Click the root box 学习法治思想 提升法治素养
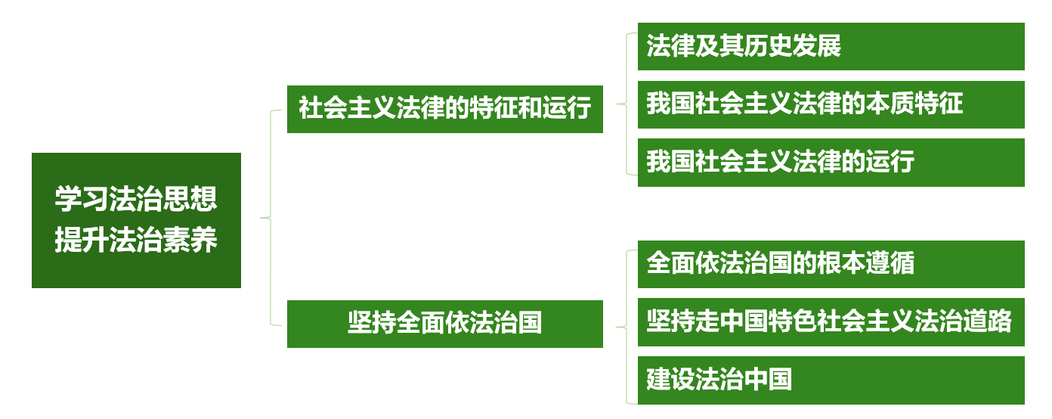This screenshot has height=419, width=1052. click(x=136, y=220)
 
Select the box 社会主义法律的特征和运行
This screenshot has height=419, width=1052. click(x=444, y=110)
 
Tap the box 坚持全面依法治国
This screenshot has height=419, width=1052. click(x=444, y=324)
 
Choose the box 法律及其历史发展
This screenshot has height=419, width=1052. click(x=831, y=46)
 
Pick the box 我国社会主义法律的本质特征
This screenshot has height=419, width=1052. click(x=831, y=104)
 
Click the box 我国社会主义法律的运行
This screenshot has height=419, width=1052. click(x=831, y=162)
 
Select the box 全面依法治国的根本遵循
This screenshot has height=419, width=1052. click(x=831, y=264)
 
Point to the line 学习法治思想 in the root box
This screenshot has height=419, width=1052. click(x=136, y=200)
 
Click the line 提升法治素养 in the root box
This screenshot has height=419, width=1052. click(x=136, y=241)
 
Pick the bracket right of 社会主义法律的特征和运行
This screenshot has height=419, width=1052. click(x=627, y=104)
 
